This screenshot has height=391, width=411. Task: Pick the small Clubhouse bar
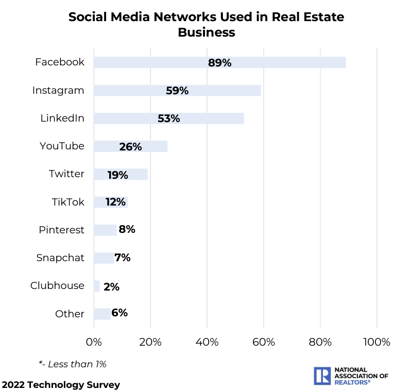pyautogui.click(x=96, y=286)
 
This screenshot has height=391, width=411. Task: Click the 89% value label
pyautogui.click(x=220, y=63)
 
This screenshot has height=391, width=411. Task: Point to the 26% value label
pyautogui.click(x=130, y=147)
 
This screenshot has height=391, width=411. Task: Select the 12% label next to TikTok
pyautogui.click(x=116, y=202)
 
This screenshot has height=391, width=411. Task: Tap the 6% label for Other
pyautogui.click(x=119, y=313)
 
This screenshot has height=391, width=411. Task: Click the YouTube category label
pyautogui.click(x=62, y=146)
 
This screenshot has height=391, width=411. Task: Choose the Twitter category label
pyautogui.click(x=66, y=174)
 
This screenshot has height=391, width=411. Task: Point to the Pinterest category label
pyautogui.click(x=61, y=230)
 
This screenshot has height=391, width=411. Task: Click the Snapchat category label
pyautogui.click(x=60, y=258)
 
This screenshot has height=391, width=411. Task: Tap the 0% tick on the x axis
pyautogui.click(x=94, y=342)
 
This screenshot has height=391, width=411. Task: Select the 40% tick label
pyautogui.click(x=207, y=342)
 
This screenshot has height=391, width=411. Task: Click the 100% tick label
pyautogui.click(x=376, y=342)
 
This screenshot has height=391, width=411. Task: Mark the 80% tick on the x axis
pyautogui.click(x=320, y=342)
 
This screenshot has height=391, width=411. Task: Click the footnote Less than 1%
pyautogui.click(x=73, y=364)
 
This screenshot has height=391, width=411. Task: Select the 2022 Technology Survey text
pyautogui.click(x=61, y=385)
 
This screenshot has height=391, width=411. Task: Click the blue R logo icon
pyautogui.click(x=322, y=376)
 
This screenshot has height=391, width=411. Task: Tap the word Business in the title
pyautogui.click(x=207, y=32)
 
